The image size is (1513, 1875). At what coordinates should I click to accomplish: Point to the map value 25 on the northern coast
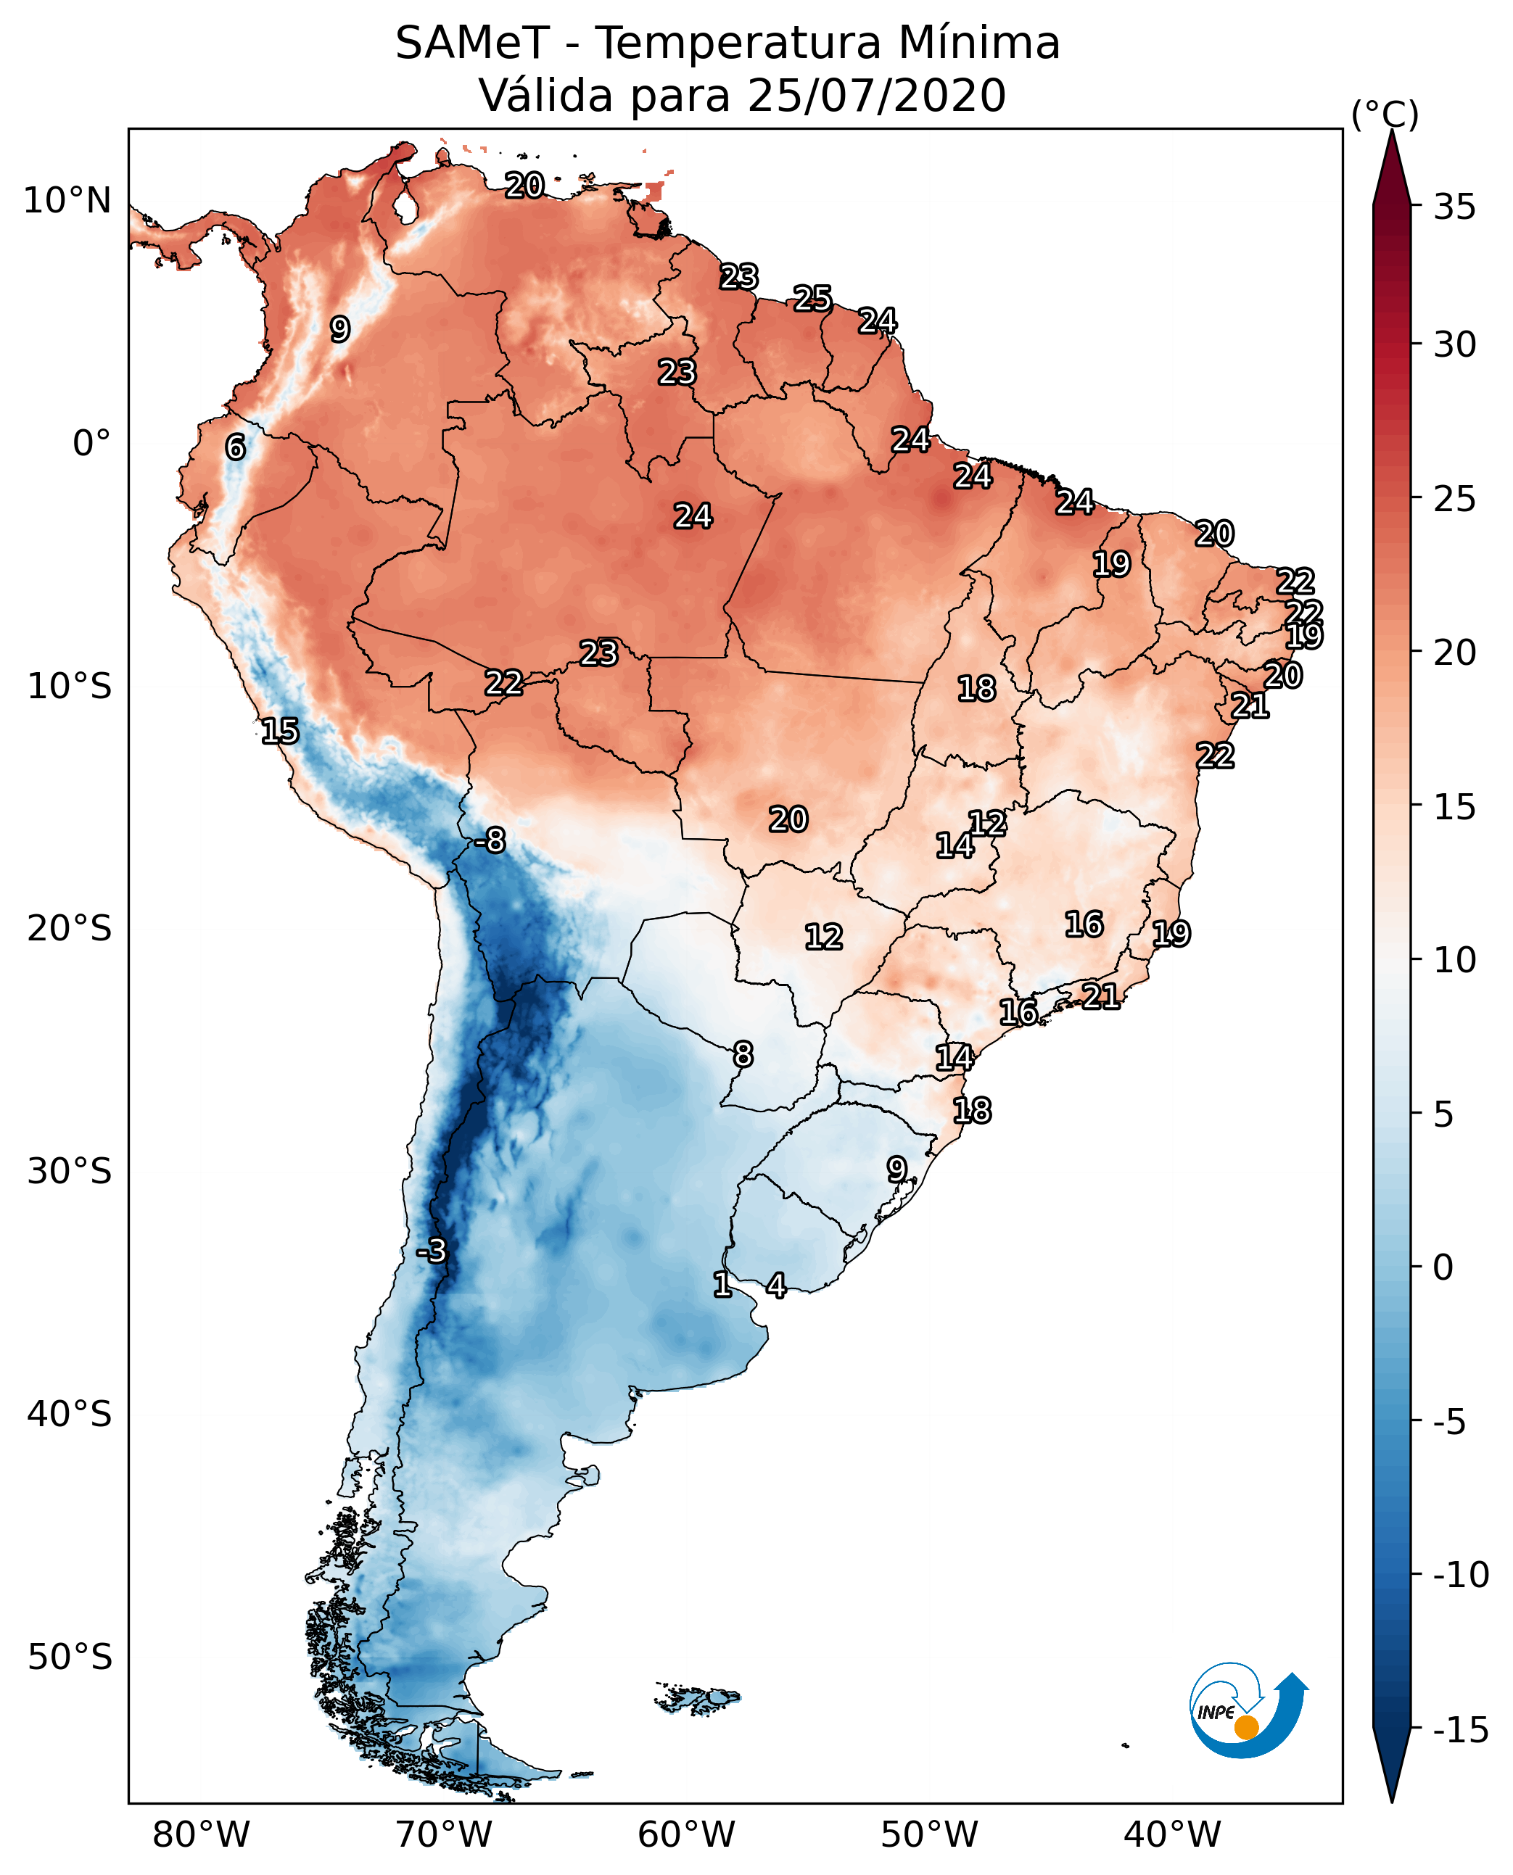[x=812, y=299]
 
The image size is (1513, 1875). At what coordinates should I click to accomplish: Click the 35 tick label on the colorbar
[x=1454, y=207]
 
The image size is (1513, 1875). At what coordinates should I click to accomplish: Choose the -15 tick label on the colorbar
[x=1460, y=1731]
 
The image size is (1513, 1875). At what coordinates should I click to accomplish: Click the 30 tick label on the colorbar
[x=1454, y=345]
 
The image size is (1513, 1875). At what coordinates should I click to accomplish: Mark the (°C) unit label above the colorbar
[x=1385, y=114]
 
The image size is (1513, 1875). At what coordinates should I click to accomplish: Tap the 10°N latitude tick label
[x=67, y=202]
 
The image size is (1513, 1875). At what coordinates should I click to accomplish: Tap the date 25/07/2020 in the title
[x=877, y=95]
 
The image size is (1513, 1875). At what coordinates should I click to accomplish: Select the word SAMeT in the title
[x=472, y=43]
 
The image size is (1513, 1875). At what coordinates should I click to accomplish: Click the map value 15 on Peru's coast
[x=280, y=731]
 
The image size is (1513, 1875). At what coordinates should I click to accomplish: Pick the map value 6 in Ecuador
[x=235, y=447]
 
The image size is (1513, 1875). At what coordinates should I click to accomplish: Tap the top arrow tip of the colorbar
[x=1392, y=133]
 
